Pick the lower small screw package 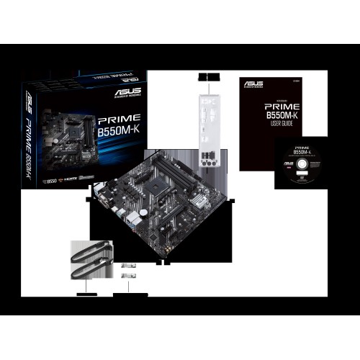pos(128,276)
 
